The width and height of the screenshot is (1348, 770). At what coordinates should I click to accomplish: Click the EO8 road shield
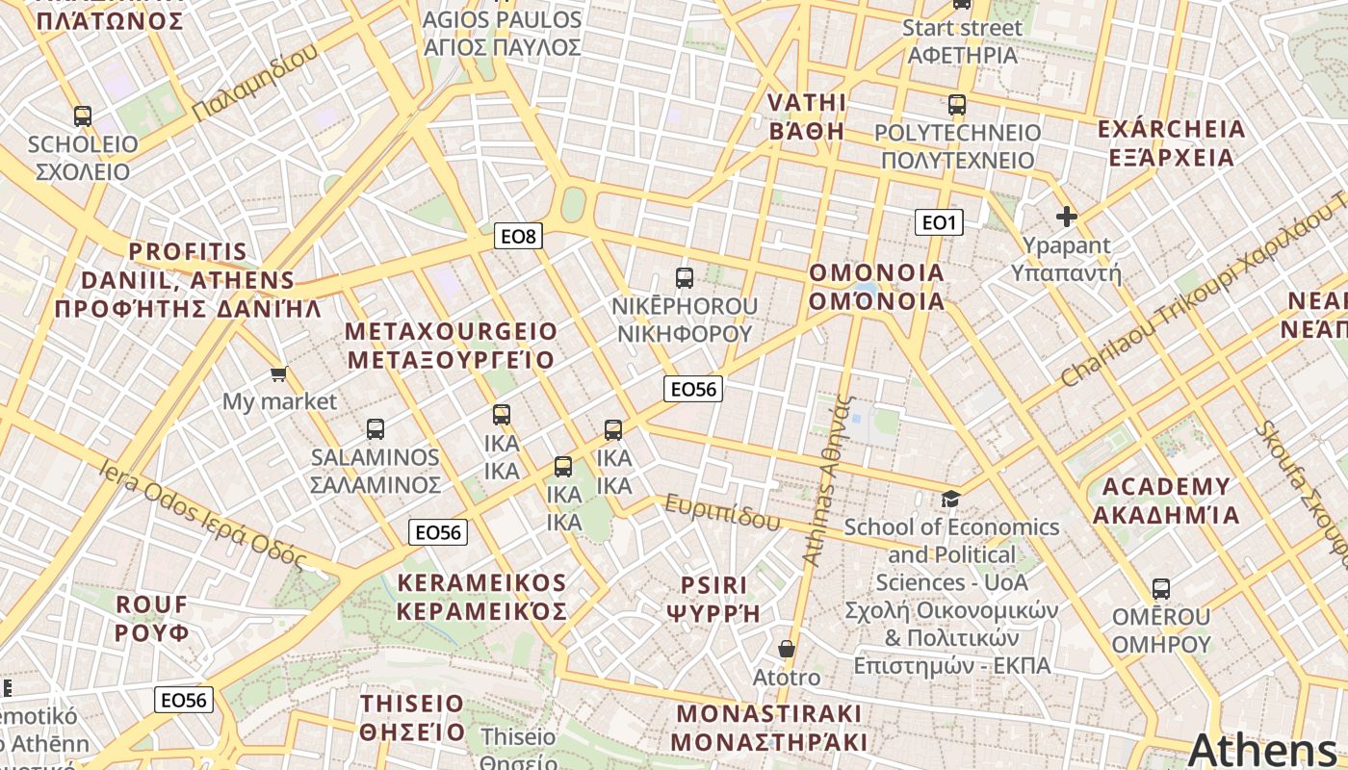518,235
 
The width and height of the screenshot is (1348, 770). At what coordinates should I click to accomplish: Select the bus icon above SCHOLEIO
83,116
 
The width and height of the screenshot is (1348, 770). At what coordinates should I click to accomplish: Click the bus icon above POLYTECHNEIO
956,105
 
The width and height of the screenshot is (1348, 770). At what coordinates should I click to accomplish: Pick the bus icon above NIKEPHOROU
685,278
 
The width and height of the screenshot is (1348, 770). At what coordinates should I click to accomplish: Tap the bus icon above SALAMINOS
376,429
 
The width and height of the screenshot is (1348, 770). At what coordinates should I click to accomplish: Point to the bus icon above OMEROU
1161,588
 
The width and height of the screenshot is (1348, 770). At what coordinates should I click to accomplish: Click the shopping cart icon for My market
279,373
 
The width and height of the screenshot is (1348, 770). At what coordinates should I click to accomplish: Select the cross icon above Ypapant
1066,217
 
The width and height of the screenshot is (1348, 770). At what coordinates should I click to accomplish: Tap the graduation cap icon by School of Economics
951,499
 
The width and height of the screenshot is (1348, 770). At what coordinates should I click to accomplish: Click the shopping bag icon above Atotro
787,649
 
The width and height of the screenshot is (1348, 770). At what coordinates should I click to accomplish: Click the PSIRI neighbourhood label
713,585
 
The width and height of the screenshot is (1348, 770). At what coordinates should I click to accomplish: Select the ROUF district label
152,604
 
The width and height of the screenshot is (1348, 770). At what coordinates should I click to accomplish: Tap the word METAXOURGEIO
452,331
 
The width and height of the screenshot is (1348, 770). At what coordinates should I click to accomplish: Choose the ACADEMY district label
1166,486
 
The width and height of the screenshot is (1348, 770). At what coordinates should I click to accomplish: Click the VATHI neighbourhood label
807,103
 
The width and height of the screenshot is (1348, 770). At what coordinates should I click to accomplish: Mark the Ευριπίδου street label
722,513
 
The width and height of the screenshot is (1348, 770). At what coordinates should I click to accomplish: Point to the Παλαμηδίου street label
254,85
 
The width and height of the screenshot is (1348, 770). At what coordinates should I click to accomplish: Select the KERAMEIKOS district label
482,583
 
